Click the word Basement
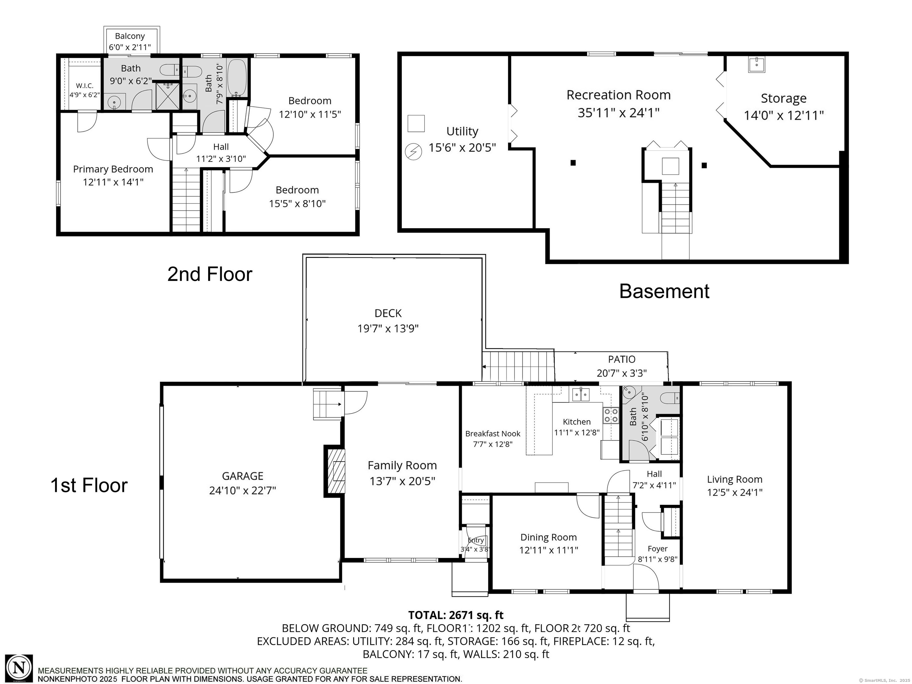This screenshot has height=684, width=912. coord(664,292)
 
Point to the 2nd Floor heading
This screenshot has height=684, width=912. coord(209,274)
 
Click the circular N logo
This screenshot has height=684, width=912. coord(19,668)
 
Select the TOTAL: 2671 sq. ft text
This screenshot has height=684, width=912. coord(456,615)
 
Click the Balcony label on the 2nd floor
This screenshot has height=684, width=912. coord(130,36)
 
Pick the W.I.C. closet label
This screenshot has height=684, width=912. coord(85,86)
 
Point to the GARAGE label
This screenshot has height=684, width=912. coord(242,476)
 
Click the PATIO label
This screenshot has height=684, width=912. coord(622,359)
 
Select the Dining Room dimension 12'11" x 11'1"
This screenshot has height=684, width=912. coord(548,550)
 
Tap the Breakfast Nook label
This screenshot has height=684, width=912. coord(493,434)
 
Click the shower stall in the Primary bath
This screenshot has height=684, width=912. coord(167,95)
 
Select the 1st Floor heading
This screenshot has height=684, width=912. coord(89,485)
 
